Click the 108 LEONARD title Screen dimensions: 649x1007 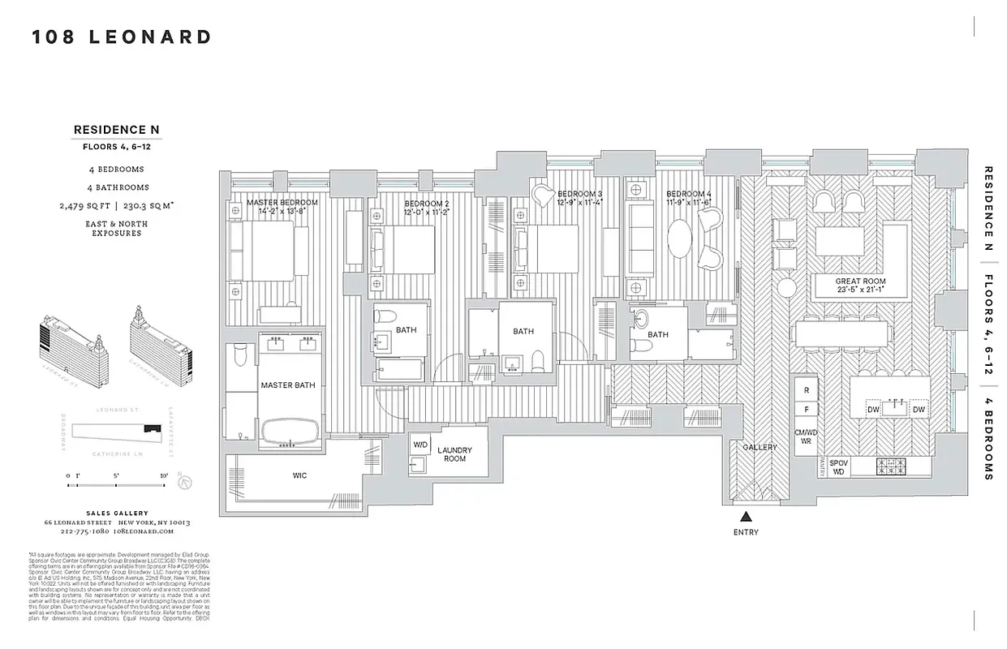click(x=122, y=37)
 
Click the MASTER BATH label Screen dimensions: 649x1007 click(x=287, y=385)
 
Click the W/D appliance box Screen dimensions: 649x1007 click(x=420, y=445)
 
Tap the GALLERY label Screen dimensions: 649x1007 click(x=760, y=447)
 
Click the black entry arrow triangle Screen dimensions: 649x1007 click(x=745, y=515)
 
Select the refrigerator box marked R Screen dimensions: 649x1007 click(x=806, y=390)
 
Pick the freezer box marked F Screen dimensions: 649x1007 click(x=806, y=411)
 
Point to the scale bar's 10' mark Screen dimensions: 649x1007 click(x=163, y=475)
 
